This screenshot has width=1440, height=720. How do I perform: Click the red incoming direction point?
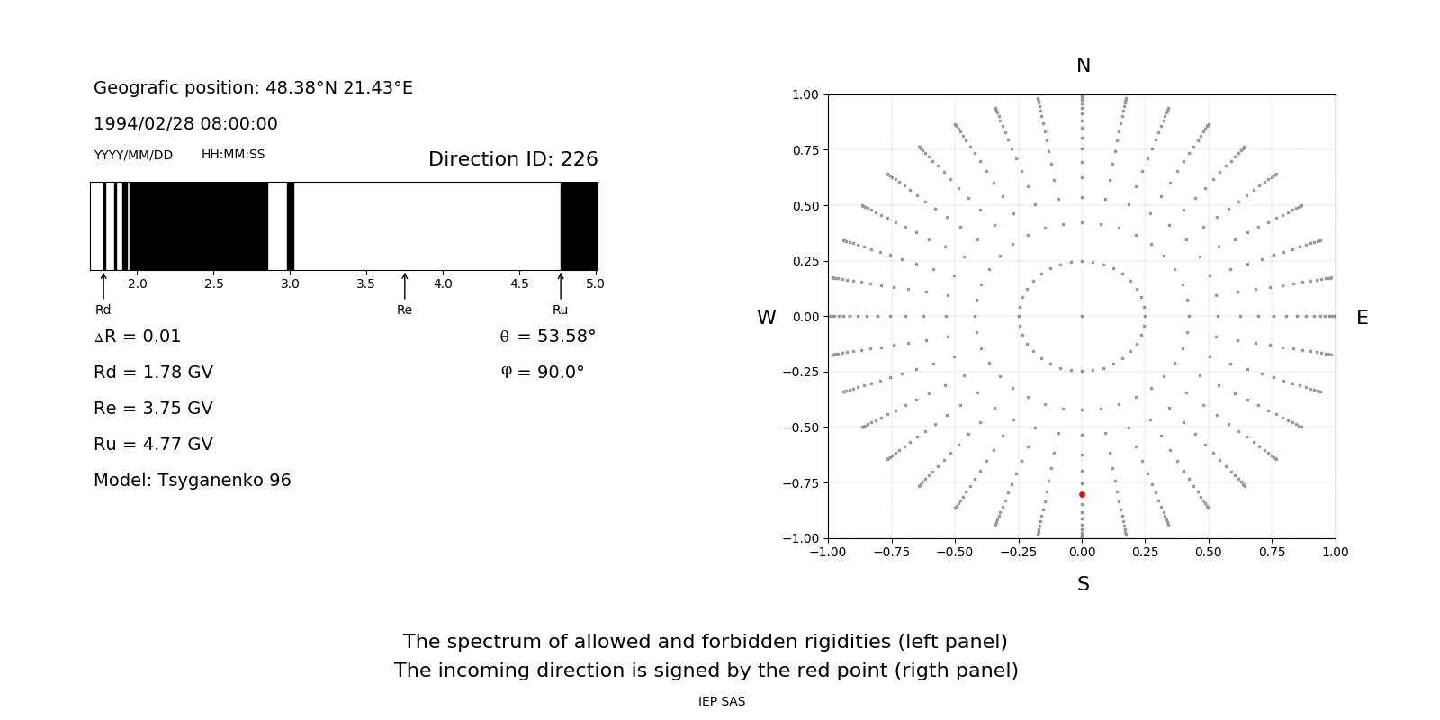(1082, 494)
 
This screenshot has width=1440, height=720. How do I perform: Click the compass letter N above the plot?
(1084, 66)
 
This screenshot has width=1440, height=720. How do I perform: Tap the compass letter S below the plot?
(1084, 584)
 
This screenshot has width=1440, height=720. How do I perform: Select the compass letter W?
(766, 318)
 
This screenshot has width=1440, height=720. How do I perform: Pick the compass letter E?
(1362, 318)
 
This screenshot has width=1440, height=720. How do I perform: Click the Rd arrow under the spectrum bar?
(103, 286)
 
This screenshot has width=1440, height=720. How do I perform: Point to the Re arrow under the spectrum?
(404, 286)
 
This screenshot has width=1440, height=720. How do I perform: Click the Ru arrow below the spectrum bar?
(561, 286)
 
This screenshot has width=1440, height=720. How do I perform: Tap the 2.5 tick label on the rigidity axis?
(213, 283)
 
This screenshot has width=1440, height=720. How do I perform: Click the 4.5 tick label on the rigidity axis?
(519, 283)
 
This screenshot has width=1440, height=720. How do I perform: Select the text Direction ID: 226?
(513, 159)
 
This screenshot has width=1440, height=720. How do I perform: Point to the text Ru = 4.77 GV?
(153, 445)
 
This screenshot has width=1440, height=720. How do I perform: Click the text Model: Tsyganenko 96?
(193, 481)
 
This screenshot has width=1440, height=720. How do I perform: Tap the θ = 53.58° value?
(547, 337)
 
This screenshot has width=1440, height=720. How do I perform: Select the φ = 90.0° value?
(543, 373)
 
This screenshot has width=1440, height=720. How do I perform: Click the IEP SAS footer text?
(722, 702)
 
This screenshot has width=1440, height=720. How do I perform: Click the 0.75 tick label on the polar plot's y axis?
(805, 150)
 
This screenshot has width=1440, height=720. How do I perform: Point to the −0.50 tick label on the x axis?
(954, 552)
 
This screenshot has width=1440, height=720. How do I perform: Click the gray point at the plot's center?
(1082, 316)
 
